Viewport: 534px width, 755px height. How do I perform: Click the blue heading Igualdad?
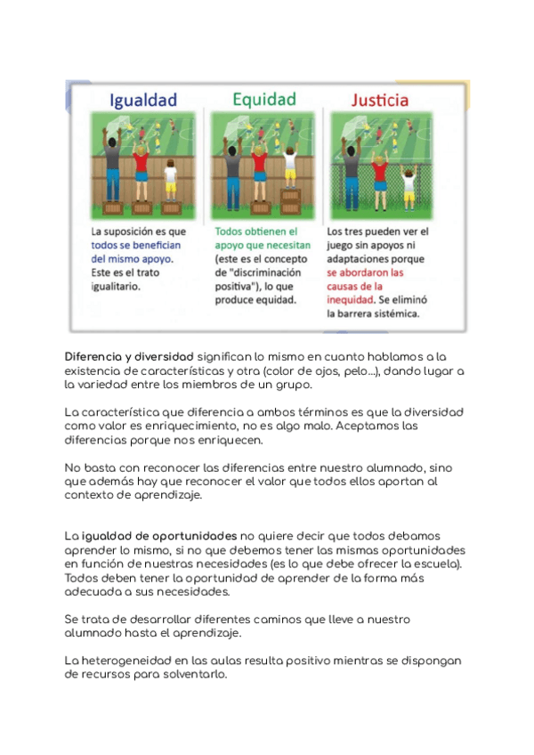click(x=142, y=100)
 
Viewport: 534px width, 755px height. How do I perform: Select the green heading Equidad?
click(x=263, y=98)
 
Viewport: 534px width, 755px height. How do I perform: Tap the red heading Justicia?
click(x=379, y=100)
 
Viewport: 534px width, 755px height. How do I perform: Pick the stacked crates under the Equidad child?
click(x=290, y=198)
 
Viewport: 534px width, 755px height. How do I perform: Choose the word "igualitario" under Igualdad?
click(x=116, y=287)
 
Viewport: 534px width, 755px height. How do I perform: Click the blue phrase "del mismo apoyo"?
click(x=133, y=258)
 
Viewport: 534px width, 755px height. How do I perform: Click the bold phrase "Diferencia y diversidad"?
click(x=129, y=356)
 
